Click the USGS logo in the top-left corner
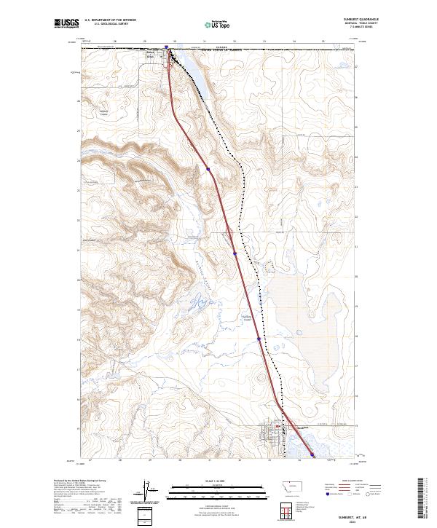66,24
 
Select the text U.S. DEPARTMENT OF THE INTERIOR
109,20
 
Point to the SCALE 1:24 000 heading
218,480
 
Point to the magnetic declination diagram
145,489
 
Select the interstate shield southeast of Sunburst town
312,454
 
